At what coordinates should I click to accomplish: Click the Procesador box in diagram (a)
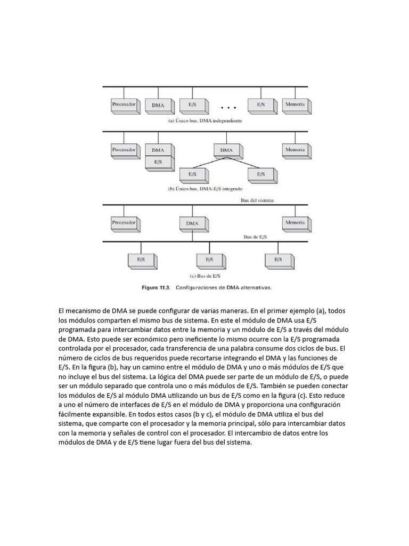coord(124,105)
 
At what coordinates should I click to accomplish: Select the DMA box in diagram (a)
coord(158,105)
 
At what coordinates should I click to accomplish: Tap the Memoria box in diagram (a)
coord(295,105)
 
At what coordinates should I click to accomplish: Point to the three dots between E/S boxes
coord(228,108)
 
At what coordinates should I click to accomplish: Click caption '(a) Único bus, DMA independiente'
coord(205,121)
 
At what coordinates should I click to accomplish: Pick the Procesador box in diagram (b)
coord(124,150)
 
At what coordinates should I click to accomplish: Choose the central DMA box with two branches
coord(226,150)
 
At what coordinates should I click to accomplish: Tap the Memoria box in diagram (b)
coord(295,150)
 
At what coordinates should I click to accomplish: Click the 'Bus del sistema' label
coord(257,200)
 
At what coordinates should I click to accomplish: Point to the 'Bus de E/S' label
coord(255,236)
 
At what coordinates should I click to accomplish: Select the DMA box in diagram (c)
coord(192,223)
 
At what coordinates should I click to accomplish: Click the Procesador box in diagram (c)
coord(124,222)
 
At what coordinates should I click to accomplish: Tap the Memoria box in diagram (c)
coord(295,222)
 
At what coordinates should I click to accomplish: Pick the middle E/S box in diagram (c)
coord(209,260)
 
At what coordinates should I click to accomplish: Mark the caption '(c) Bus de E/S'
coord(205,276)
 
